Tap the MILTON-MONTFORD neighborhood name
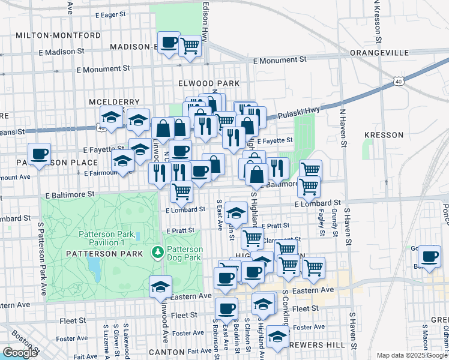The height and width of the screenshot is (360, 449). [58, 35]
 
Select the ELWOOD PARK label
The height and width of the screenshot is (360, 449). [209, 83]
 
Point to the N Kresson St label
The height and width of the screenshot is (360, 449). [377, 21]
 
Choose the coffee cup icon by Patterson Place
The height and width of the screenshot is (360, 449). [39, 154]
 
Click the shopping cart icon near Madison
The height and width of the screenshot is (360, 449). [190, 45]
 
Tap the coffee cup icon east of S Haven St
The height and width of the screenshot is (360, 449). [429, 256]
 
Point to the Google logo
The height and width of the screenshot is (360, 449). [19, 353]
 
